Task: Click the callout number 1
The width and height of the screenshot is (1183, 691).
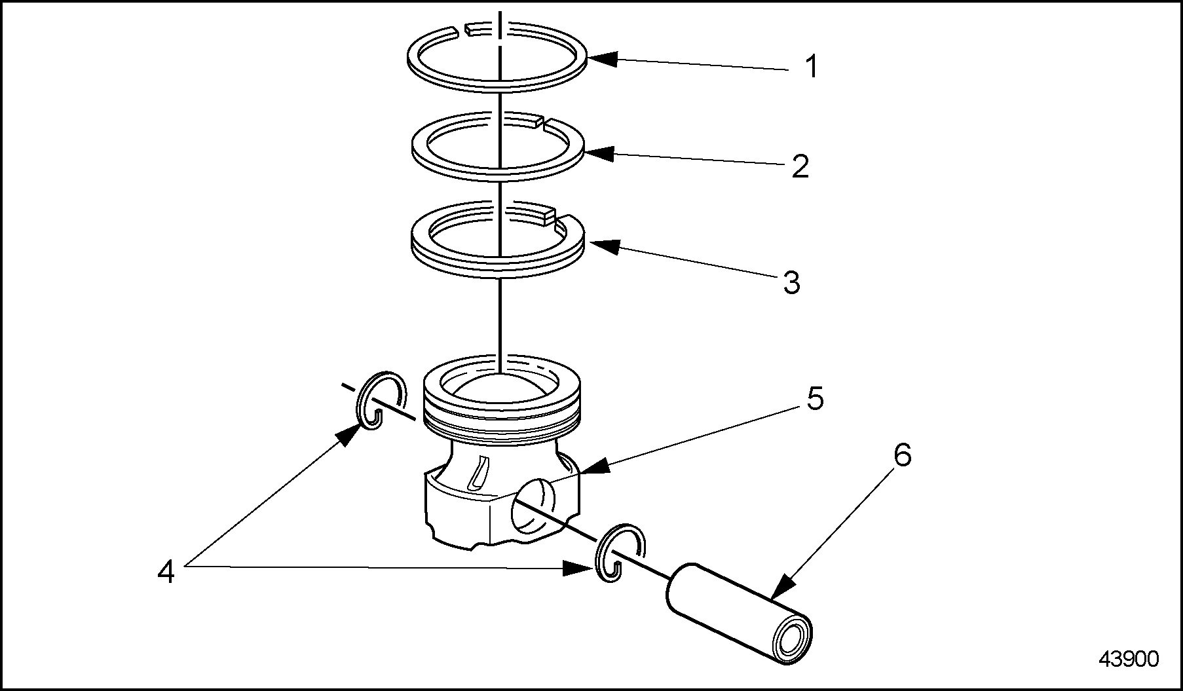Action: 812,67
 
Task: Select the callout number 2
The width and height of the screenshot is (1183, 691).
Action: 800,166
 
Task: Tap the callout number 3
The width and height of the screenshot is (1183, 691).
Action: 792,283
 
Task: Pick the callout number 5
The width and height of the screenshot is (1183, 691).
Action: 814,399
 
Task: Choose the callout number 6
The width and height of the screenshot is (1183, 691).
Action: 902,455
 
